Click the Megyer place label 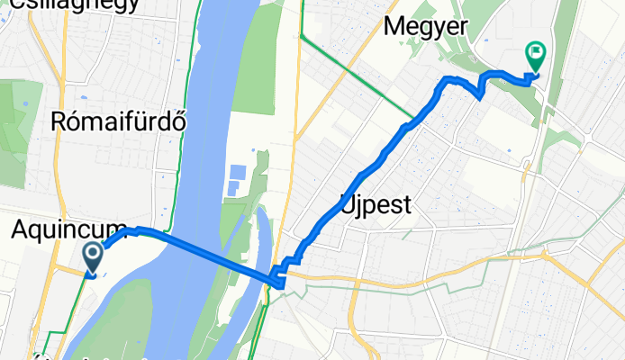[x=425, y=26]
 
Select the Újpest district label [x=376, y=204]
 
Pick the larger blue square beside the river [x=237, y=172]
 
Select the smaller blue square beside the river [x=231, y=188]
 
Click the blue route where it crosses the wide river [x=194, y=247]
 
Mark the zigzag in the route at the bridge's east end [x=281, y=274]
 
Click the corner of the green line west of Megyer [x=303, y=36]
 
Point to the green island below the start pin [x=126, y=315]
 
